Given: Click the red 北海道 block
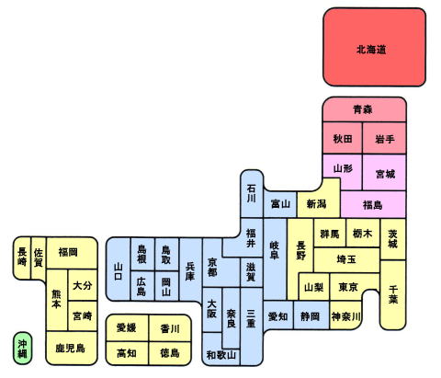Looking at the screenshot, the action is tap(374, 47).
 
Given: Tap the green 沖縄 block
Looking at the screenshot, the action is tap(22, 349).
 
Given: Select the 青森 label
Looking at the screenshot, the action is tap(363, 109).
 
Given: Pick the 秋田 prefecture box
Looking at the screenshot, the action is tap(343, 138).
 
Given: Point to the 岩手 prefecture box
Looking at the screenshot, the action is tap(385, 138).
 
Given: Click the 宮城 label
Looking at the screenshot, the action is tap(385, 174).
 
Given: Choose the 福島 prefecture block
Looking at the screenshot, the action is tap(374, 204).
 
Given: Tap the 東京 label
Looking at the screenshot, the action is tap(348, 287).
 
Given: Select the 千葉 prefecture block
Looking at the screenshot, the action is tap(393, 295).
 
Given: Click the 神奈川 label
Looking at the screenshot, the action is tap(345, 316).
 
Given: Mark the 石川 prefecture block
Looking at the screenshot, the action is tap(252, 194).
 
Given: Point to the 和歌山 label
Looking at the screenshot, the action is tap(221, 355).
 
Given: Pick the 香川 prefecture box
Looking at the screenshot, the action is tap(170, 328).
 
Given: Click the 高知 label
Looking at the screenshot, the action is tap(127, 353).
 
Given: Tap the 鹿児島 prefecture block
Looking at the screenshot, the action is tap(72, 348).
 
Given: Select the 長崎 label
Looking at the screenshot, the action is tap(22, 257).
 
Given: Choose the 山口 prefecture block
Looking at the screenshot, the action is tap(119, 269).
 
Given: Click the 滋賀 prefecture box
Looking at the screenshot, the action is tap(252, 272).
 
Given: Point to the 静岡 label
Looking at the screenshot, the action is tap(310, 316).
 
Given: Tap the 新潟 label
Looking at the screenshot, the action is tap(317, 204).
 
